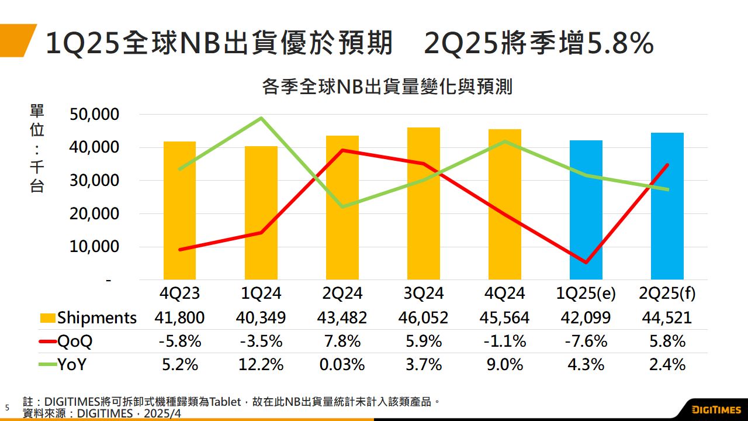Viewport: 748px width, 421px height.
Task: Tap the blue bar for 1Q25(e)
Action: tap(586, 210)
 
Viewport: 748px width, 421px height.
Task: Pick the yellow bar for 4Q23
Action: tap(180, 210)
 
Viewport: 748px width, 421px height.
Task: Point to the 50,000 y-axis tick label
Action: tap(94, 115)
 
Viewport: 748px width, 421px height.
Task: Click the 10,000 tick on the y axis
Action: tap(94, 247)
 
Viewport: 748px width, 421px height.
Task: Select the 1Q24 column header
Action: tap(261, 293)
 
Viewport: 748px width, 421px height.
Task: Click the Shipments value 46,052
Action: tap(424, 318)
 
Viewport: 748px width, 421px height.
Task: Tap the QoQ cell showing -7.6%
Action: tap(586, 341)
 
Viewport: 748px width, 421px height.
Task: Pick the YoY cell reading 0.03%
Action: tap(342, 364)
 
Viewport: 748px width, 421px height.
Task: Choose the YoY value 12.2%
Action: tap(261, 364)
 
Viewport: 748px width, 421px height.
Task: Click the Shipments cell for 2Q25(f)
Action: tap(667, 318)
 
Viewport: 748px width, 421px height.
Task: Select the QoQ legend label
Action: tap(75, 341)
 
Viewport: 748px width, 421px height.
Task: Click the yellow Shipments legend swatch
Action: tap(48, 318)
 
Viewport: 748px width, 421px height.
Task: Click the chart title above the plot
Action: tap(387, 87)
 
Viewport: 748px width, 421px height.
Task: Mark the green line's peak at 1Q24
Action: tap(261, 118)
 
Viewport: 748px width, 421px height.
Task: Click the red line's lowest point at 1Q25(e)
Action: tap(586, 263)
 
